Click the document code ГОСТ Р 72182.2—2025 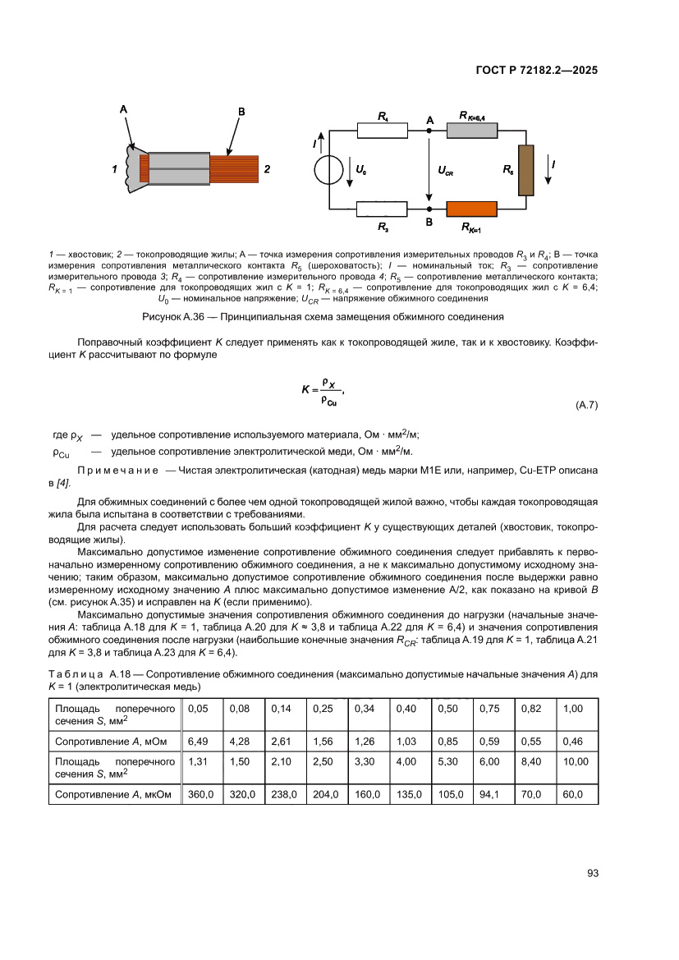point(535,70)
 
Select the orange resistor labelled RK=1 point(472,209)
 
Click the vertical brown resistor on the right point(526,170)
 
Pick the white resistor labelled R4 point(383,130)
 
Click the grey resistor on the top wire point(472,130)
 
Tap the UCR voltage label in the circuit point(446,172)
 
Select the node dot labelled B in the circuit point(429,209)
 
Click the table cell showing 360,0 point(200,794)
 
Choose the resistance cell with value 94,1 point(489,794)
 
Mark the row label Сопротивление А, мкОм point(113,794)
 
